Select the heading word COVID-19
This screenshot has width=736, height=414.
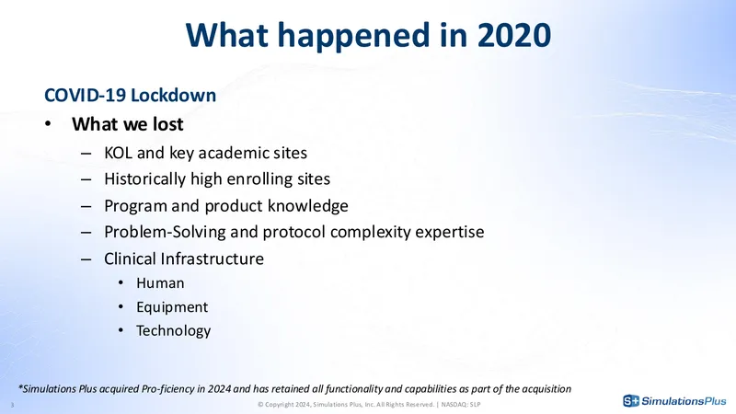point(85,96)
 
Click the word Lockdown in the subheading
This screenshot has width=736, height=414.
point(173,96)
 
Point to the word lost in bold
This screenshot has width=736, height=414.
point(167,124)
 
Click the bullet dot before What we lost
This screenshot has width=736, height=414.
point(48,124)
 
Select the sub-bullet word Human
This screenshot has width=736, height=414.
point(160,283)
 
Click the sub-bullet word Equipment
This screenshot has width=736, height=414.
point(172,307)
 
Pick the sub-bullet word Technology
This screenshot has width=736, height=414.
point(173,331)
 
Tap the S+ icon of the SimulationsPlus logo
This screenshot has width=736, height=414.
point(631,401)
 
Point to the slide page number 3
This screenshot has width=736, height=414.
point(12,405)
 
